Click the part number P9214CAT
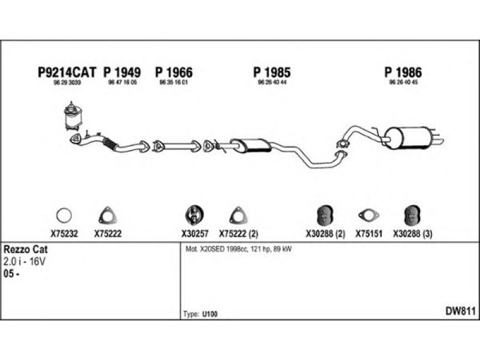[67, 73]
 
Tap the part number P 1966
[174, 73]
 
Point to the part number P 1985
[273, 73]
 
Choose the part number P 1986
[403, 73]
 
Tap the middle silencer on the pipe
[250, 144]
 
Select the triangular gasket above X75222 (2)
[238, 215]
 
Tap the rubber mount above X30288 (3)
[412, 214]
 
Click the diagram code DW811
[460, 311]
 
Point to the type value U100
[210, 314]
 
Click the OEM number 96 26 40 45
[403, 83]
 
